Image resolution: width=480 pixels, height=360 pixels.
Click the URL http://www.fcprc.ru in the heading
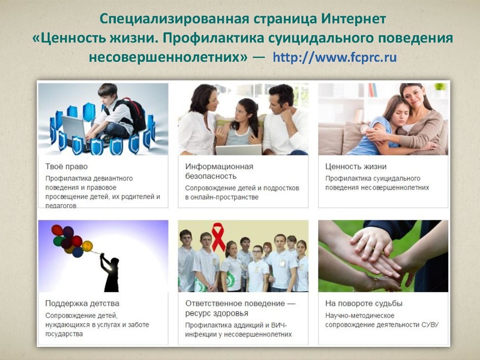[334, 59]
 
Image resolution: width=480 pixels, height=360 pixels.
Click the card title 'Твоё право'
[67, 166]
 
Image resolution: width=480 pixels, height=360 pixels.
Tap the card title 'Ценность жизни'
[356, 166]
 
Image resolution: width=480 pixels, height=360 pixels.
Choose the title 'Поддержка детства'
[82, 303]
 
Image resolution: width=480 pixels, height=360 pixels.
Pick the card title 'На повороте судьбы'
[364, 303]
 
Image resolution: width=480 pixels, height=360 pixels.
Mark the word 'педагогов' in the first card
[61, 205]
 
